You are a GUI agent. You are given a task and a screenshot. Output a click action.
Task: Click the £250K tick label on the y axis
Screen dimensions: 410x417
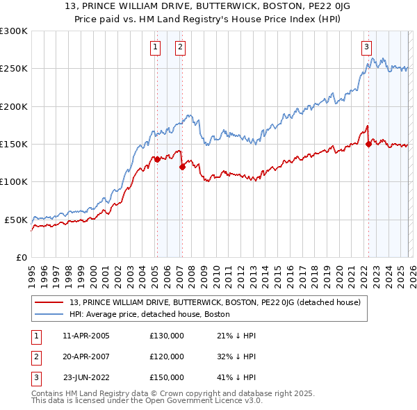(x=13, y=69)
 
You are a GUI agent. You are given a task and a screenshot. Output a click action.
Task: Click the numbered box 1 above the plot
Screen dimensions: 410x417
(x=154, y=47)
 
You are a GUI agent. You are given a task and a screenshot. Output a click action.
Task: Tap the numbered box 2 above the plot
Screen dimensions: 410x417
(x=180, y=47)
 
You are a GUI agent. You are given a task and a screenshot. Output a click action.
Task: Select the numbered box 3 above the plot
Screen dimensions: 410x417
(x=366, y=47)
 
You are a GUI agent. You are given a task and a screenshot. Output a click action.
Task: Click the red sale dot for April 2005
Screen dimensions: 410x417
(x=157, y=159)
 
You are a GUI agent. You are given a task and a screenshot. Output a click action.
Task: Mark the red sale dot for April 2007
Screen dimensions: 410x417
(x=182, y=167)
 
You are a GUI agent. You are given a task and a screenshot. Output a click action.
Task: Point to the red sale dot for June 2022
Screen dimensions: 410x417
(x=368, y=145)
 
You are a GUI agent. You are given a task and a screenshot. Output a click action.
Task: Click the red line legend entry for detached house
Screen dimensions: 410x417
(x=215, y=303)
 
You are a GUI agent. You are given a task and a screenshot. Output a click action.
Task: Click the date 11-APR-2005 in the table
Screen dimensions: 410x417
(x=86, y=336)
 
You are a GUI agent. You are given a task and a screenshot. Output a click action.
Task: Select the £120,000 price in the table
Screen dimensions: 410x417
(x=167, y=356)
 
